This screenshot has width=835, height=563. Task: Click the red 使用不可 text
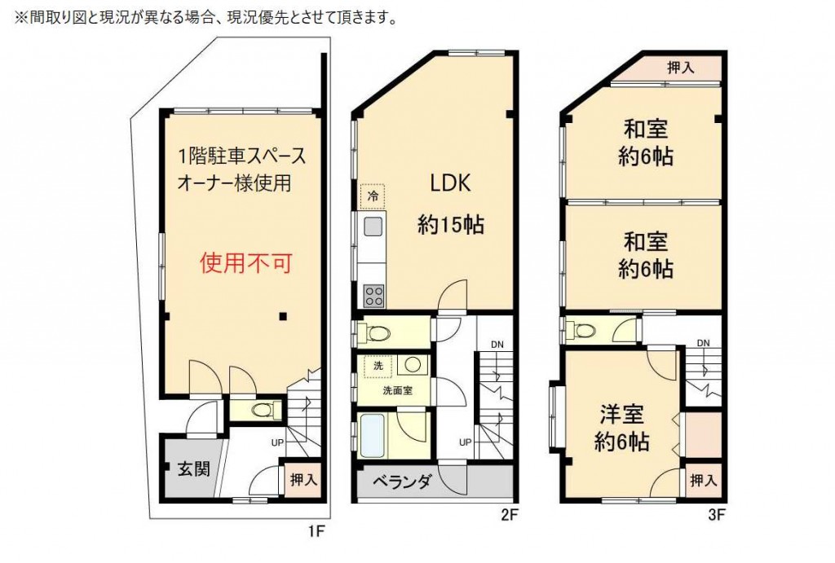point(246,262)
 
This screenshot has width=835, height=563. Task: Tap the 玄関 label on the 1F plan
point(193,468)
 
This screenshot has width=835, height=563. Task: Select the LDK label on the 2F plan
point(450,183)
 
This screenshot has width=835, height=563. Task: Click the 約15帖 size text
point(450,225)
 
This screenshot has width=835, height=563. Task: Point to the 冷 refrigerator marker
point(373,196)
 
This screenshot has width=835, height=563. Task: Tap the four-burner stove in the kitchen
point(373,296)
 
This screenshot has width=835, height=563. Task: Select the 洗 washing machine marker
point(378,366)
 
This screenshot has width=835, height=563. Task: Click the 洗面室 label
point(397,390)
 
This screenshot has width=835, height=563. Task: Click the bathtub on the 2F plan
point(372,435)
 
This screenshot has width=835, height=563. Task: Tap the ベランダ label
point(401,482)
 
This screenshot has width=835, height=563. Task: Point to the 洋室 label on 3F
point(622,414)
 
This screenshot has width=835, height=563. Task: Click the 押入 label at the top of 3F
point(681,68)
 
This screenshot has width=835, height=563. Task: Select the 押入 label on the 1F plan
point(303,480)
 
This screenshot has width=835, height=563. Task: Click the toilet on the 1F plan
point(262,411)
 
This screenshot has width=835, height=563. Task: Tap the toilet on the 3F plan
point(585,331)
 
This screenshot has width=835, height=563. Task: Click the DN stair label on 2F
point(497,345)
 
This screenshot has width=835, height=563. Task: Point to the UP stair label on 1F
point(277,442)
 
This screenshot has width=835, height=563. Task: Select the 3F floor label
point(717,514)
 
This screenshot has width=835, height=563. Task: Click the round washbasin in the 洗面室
point(413,364)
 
